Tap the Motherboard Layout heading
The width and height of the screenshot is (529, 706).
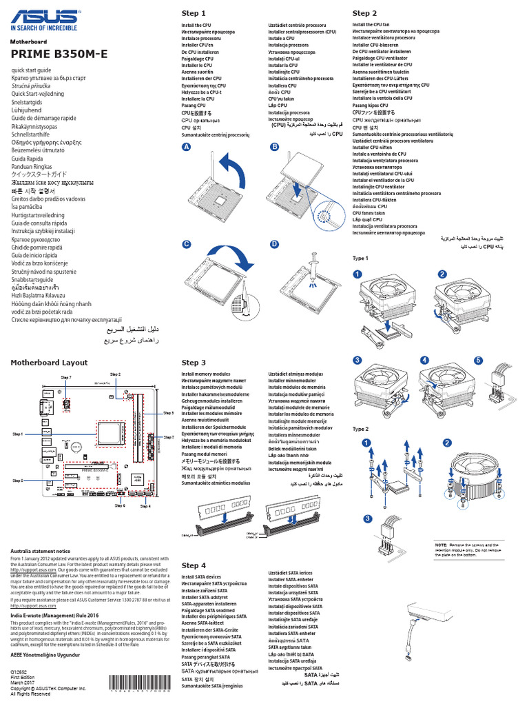(x=49, y=363)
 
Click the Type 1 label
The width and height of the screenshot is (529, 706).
(x=361, y=258)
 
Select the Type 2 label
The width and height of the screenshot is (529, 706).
(x=361, y=428)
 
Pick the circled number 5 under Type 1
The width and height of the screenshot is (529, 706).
(x=478, y=361)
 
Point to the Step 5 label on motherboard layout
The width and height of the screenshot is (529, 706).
(x=17, y=480)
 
